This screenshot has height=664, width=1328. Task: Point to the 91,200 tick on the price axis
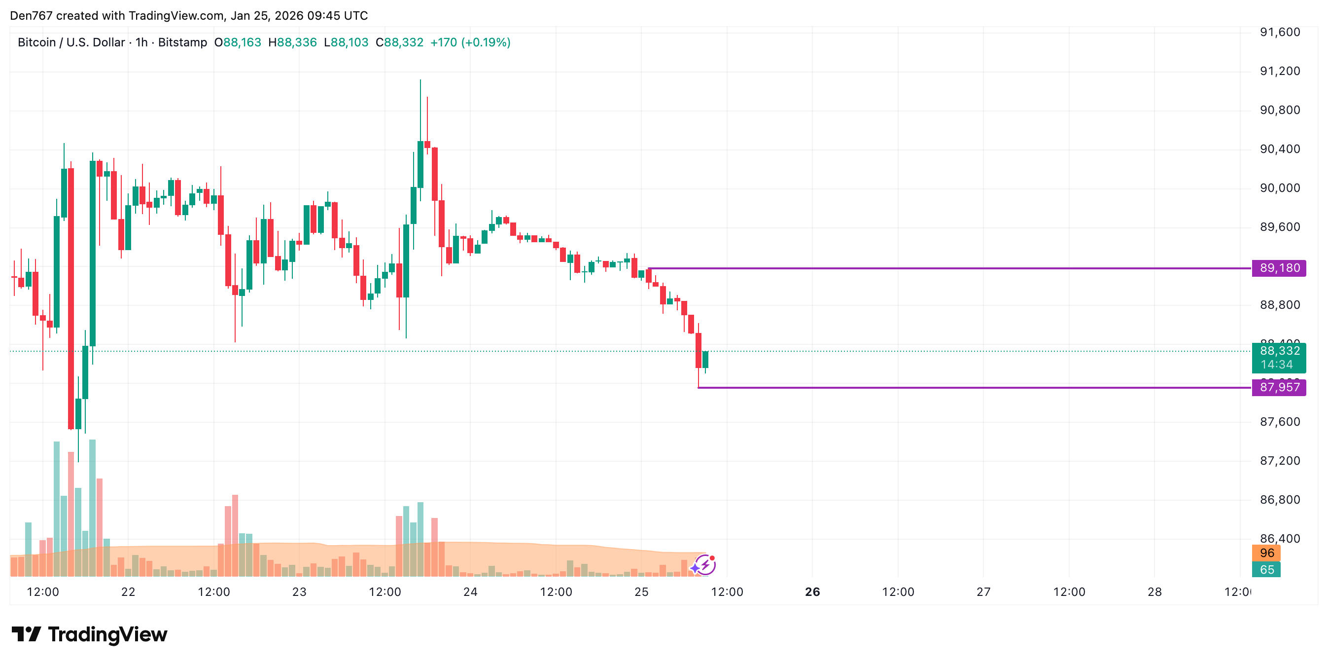[1280, 71]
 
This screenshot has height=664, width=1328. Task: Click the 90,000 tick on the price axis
[1280, 188]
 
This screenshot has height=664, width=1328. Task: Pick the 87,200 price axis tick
[1280, 461]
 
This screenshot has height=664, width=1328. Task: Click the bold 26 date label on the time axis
[812, 592]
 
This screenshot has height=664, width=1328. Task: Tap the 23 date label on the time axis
[299, 592]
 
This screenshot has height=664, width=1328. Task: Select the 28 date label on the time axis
[1154, 592]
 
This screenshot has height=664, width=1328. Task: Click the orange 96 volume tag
[1267, 553]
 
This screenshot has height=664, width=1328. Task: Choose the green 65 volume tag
[1267, 570]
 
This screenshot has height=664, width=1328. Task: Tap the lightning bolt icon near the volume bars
[705, 565]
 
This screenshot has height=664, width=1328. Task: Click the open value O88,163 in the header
[238, 42]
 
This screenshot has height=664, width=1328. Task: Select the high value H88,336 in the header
[292, 42]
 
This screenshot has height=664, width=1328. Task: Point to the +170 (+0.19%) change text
[470, 42]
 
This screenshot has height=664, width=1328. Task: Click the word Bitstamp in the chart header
[182, 42]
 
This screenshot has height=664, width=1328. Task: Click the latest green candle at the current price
[705, 360]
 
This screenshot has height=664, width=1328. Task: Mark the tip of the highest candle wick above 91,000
[420, 80]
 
